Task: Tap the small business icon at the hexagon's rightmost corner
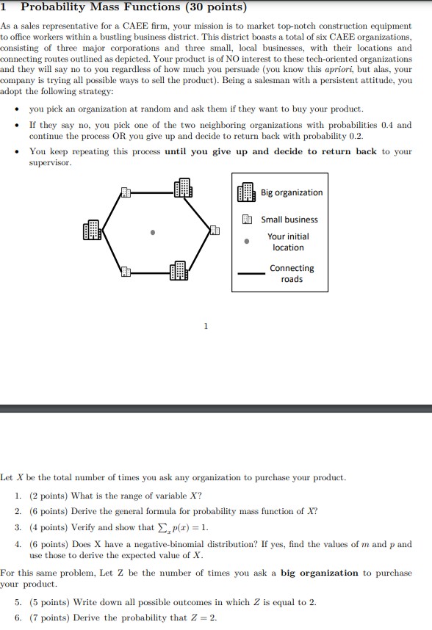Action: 215,231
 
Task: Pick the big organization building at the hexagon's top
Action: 182,188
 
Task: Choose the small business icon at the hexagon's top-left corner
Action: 126,192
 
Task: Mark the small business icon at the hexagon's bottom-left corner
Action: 126,272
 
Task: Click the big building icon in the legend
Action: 246,192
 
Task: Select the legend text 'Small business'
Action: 289,220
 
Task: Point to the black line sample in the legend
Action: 251,274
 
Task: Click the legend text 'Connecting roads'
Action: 291,273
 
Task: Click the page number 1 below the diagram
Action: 206,325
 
